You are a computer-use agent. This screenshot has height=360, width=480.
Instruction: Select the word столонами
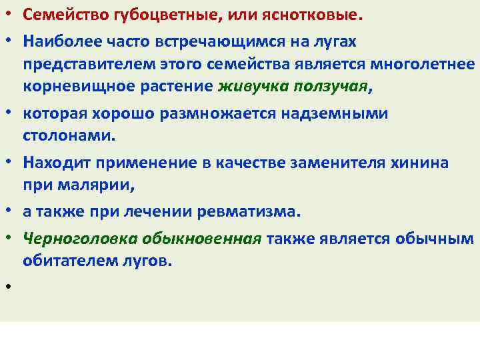coord(67,136)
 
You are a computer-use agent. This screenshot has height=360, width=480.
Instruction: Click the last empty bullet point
coord(11,289)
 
